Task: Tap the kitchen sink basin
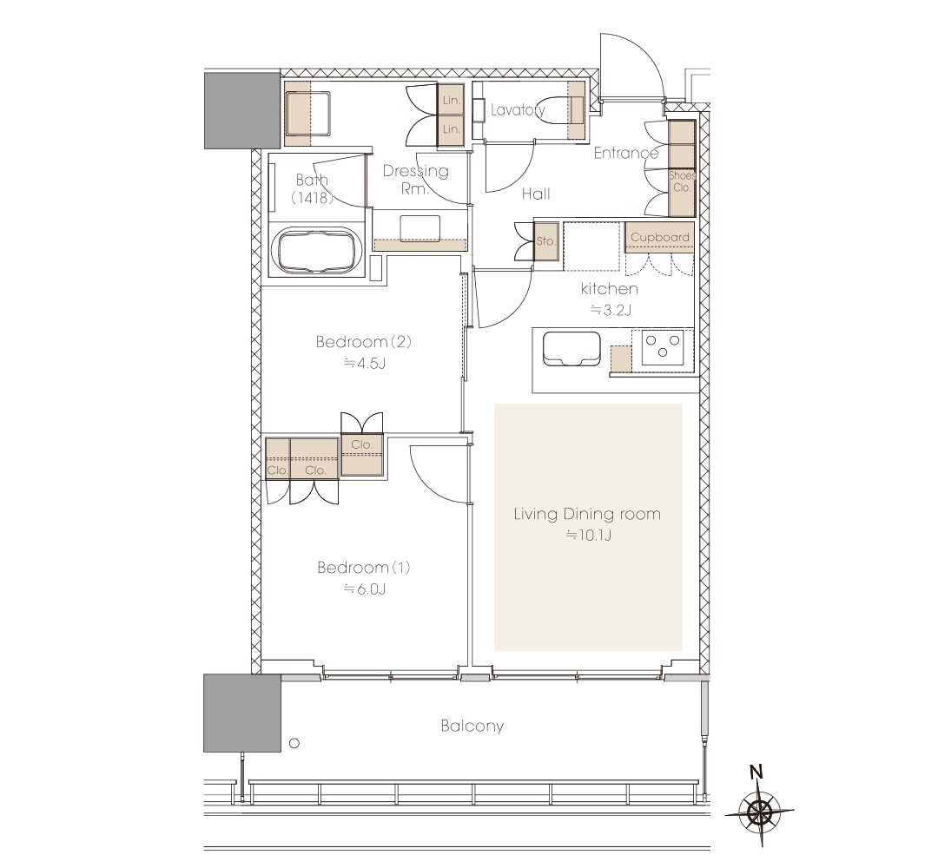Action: pos(571,349)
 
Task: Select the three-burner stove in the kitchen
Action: pos(662,347)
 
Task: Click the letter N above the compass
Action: pos(756,772)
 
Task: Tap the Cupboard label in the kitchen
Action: pos(660,237)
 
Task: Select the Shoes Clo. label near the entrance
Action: pos(682,181)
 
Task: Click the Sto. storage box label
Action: pos(545,241)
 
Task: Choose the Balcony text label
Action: pos(472,726)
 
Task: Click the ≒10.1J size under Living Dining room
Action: pos(589,535)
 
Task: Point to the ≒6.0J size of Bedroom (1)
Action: pos(364,589)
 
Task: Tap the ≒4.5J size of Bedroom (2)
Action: pos(364,363)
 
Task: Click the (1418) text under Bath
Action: pos(312,197)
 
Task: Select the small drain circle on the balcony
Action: pos(294,744)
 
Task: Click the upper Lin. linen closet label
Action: pos(452,101)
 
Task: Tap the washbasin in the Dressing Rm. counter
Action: pos(420,228)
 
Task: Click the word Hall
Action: pos(535,193)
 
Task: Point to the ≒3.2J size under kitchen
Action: pos(611,310)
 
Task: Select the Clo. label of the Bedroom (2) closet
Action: pos(362,444)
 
